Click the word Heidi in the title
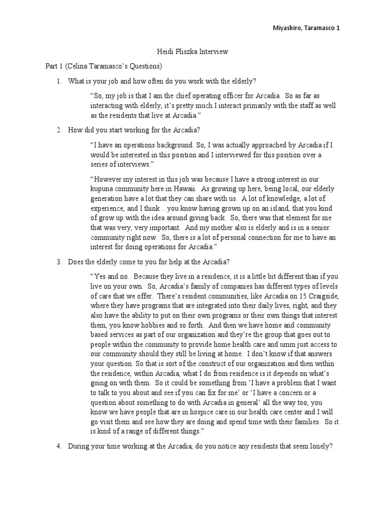coord(161,52)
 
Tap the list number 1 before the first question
coord(59,81)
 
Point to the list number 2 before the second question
coord(59,130)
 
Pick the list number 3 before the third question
coord(59,262)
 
